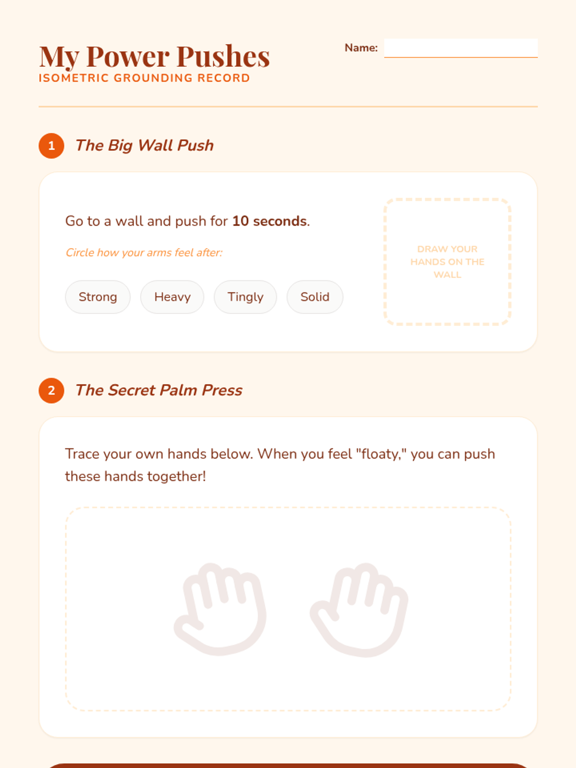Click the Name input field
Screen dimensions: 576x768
(x=461, y=48)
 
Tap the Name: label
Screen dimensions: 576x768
(x=361, y=48)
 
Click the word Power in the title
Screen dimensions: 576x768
(x=128, y=56)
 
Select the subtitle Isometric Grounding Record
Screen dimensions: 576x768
(x=144, y=78)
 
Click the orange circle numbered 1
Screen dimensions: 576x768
(x=51, y=146)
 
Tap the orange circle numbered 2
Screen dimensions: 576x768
(x=51, y=390)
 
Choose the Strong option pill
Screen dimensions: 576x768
(x=98, y=297)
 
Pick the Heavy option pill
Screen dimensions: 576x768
(x=172, y=297)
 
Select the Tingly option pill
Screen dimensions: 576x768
(x=245, y=297)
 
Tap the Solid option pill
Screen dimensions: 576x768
(x=315, y=297)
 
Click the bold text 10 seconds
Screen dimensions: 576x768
(x=269, y=221)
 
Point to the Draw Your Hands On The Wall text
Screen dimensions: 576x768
(x=447, y=262)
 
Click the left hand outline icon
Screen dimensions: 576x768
(x=220, y=609)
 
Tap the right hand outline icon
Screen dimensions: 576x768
(x=360, y=610)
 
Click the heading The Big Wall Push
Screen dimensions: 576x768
(x=144, y=145)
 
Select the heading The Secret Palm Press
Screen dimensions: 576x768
(x=159, y=390)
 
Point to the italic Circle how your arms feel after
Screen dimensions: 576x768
(x=144, y=252)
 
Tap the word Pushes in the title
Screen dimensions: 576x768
(x=223, y=56)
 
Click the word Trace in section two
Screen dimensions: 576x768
(x=82, y=454)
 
